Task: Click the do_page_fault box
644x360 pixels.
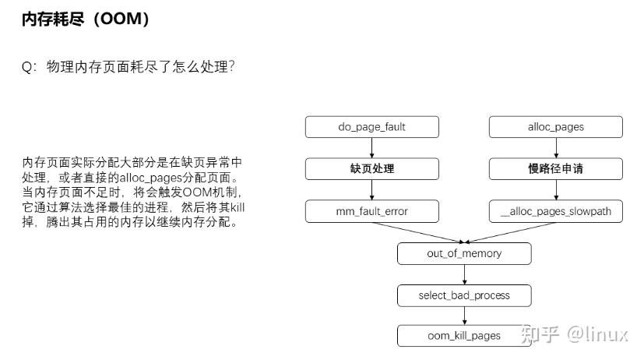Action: point(371,126)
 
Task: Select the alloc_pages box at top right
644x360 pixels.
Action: point(556,126)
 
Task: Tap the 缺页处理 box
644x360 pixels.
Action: point(371,168)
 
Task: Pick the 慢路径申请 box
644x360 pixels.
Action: point(556,168)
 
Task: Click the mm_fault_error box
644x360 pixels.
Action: point(371,210)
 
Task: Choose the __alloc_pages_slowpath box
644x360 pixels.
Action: point(556,210)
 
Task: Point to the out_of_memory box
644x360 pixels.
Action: point(464,253)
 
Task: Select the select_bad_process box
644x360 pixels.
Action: point(464,295)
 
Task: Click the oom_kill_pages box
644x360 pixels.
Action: point(464,336)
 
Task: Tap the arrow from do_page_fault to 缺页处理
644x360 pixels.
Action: point(371,147)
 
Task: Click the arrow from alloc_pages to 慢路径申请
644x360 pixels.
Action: point(556,147)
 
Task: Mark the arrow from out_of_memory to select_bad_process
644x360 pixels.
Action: point(464,274)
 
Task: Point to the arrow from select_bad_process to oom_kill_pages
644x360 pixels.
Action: point(464,316)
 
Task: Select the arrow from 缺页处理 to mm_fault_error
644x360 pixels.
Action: point(371,189)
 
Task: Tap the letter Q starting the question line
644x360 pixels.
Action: point(26,67)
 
